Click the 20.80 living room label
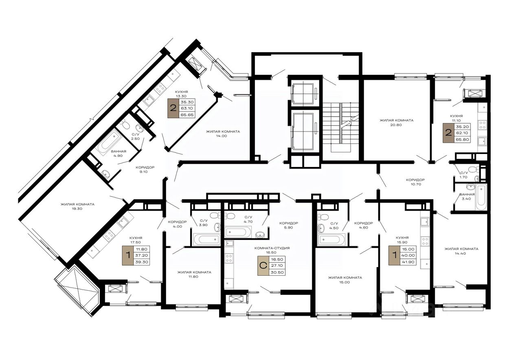[396, 123]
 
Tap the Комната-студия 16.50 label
[272, 250]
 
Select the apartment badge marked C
[263, 266]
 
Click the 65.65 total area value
[187, 115]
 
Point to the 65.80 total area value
[463, 140]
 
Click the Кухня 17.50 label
[136, 240]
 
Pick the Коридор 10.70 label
[415, 182]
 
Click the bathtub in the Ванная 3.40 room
[481, 198]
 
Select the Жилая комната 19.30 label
[77, 206]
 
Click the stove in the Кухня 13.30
[160, 88]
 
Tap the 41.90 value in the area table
[408, 262]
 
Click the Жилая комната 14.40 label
[461, 251]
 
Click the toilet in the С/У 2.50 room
[125, 125]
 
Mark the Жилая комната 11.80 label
[194, 274]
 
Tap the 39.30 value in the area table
[142, 262]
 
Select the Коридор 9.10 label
[145, 169]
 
